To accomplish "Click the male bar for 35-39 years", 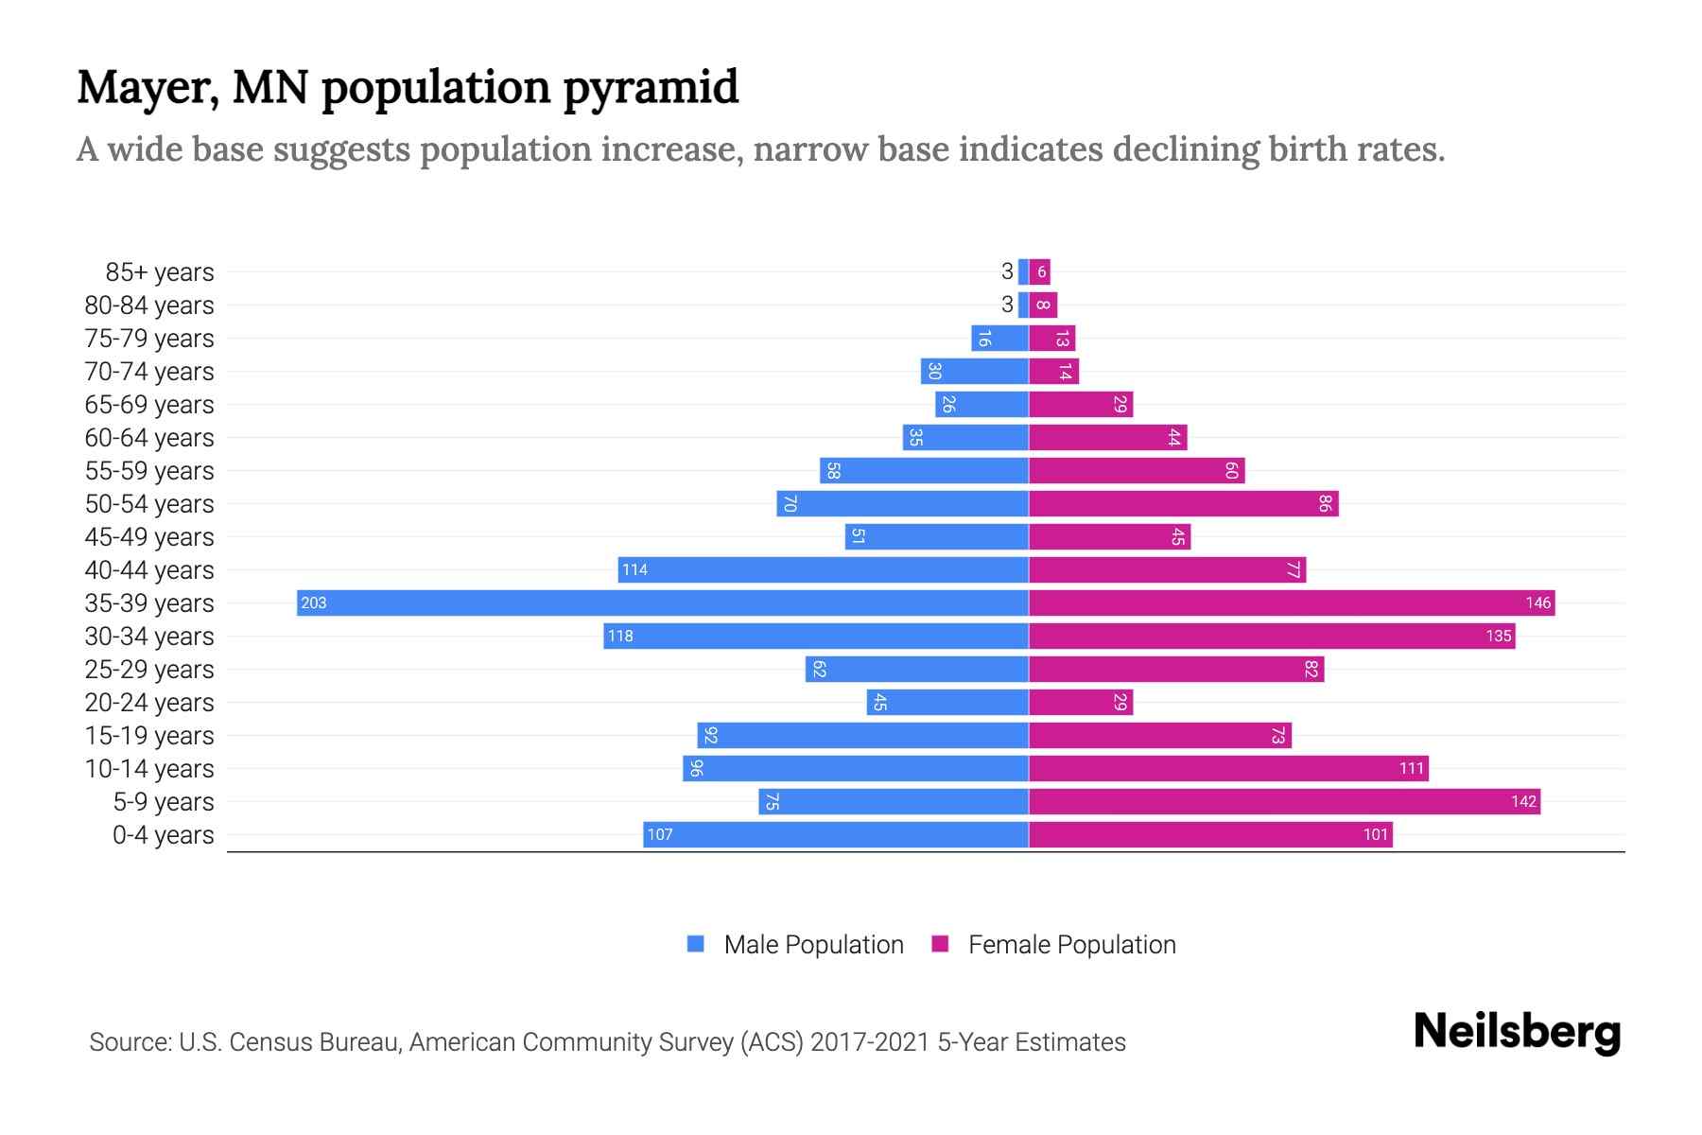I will pyautogui.click(x=662, y=602).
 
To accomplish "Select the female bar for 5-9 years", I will pyautogui.click(x=1284, y=801).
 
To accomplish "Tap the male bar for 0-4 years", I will pyautogui.click(x=836, y=834).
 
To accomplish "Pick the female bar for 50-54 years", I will pyautogui.click(x=1183, y=503).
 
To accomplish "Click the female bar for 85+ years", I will pyautogui.click(x=1040, y=271).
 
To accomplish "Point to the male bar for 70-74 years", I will pyautogui.click(x=975, y=371).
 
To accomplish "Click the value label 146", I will pyautogui.click(x=1537, y=602).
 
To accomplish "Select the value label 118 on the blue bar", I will pyautogui.click(x=620, y=636).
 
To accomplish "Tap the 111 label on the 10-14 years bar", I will pyautogui.click(x=1411, y=768).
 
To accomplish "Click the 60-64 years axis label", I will pyautogui.click(x=149, y=438).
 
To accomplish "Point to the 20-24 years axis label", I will pyautogui.click(x=149, y=703).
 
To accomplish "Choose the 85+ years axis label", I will pyautogui.click(x=160, y=272).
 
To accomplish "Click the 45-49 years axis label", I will pyautogui.click(x=149, y=537).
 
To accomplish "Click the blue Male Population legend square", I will pyautogui.click(x=696, y=944).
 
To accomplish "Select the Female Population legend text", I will pyautogui.click(x=1071, y=944).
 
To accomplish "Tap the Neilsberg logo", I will pyautogui.click(x=1517, y=1032).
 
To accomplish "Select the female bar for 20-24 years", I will pyautogui.click(x=1080, y=702).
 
